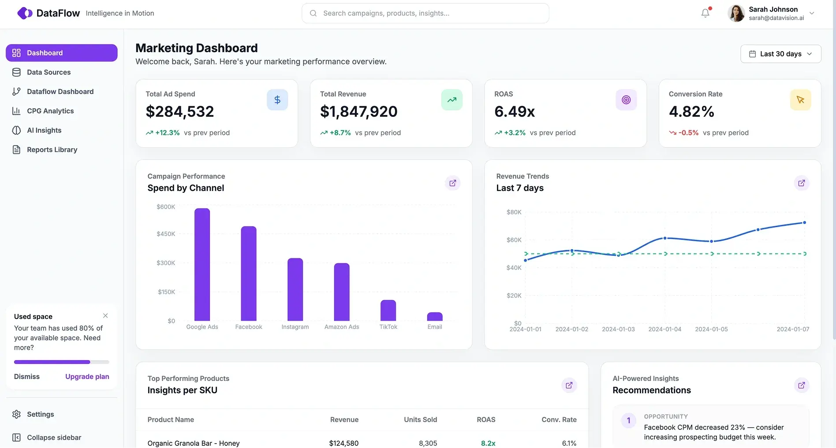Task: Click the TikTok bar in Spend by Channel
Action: (x=388, y=310)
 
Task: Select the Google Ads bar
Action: (x=202, y=265)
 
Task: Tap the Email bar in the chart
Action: (x=434, y=317)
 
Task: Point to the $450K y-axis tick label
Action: (x=166, y=234)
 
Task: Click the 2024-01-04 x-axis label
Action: (x=664, y=329)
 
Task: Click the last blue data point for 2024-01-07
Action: (x=804, y=223)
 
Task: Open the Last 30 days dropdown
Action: (x=780, y=54)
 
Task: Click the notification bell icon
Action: (x=705, y=13)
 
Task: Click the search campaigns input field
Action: (x=425, y=13)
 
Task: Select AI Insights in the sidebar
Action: (x=44, y=130)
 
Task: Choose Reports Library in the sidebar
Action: (x=52, y=149)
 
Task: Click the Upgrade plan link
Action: (x=87, y=377)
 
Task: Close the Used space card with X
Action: (x=105, y=316)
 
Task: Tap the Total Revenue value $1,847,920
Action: (x=358, y=112)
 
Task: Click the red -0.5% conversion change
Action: (x=688, y=133)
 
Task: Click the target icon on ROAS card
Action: (x=626, y=100)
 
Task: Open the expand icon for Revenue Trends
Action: (x=801, y=183)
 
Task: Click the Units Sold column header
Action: (x=420, y=420)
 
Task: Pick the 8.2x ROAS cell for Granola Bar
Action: (x=488, y=443)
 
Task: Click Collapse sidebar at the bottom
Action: (x=54, y=437)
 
